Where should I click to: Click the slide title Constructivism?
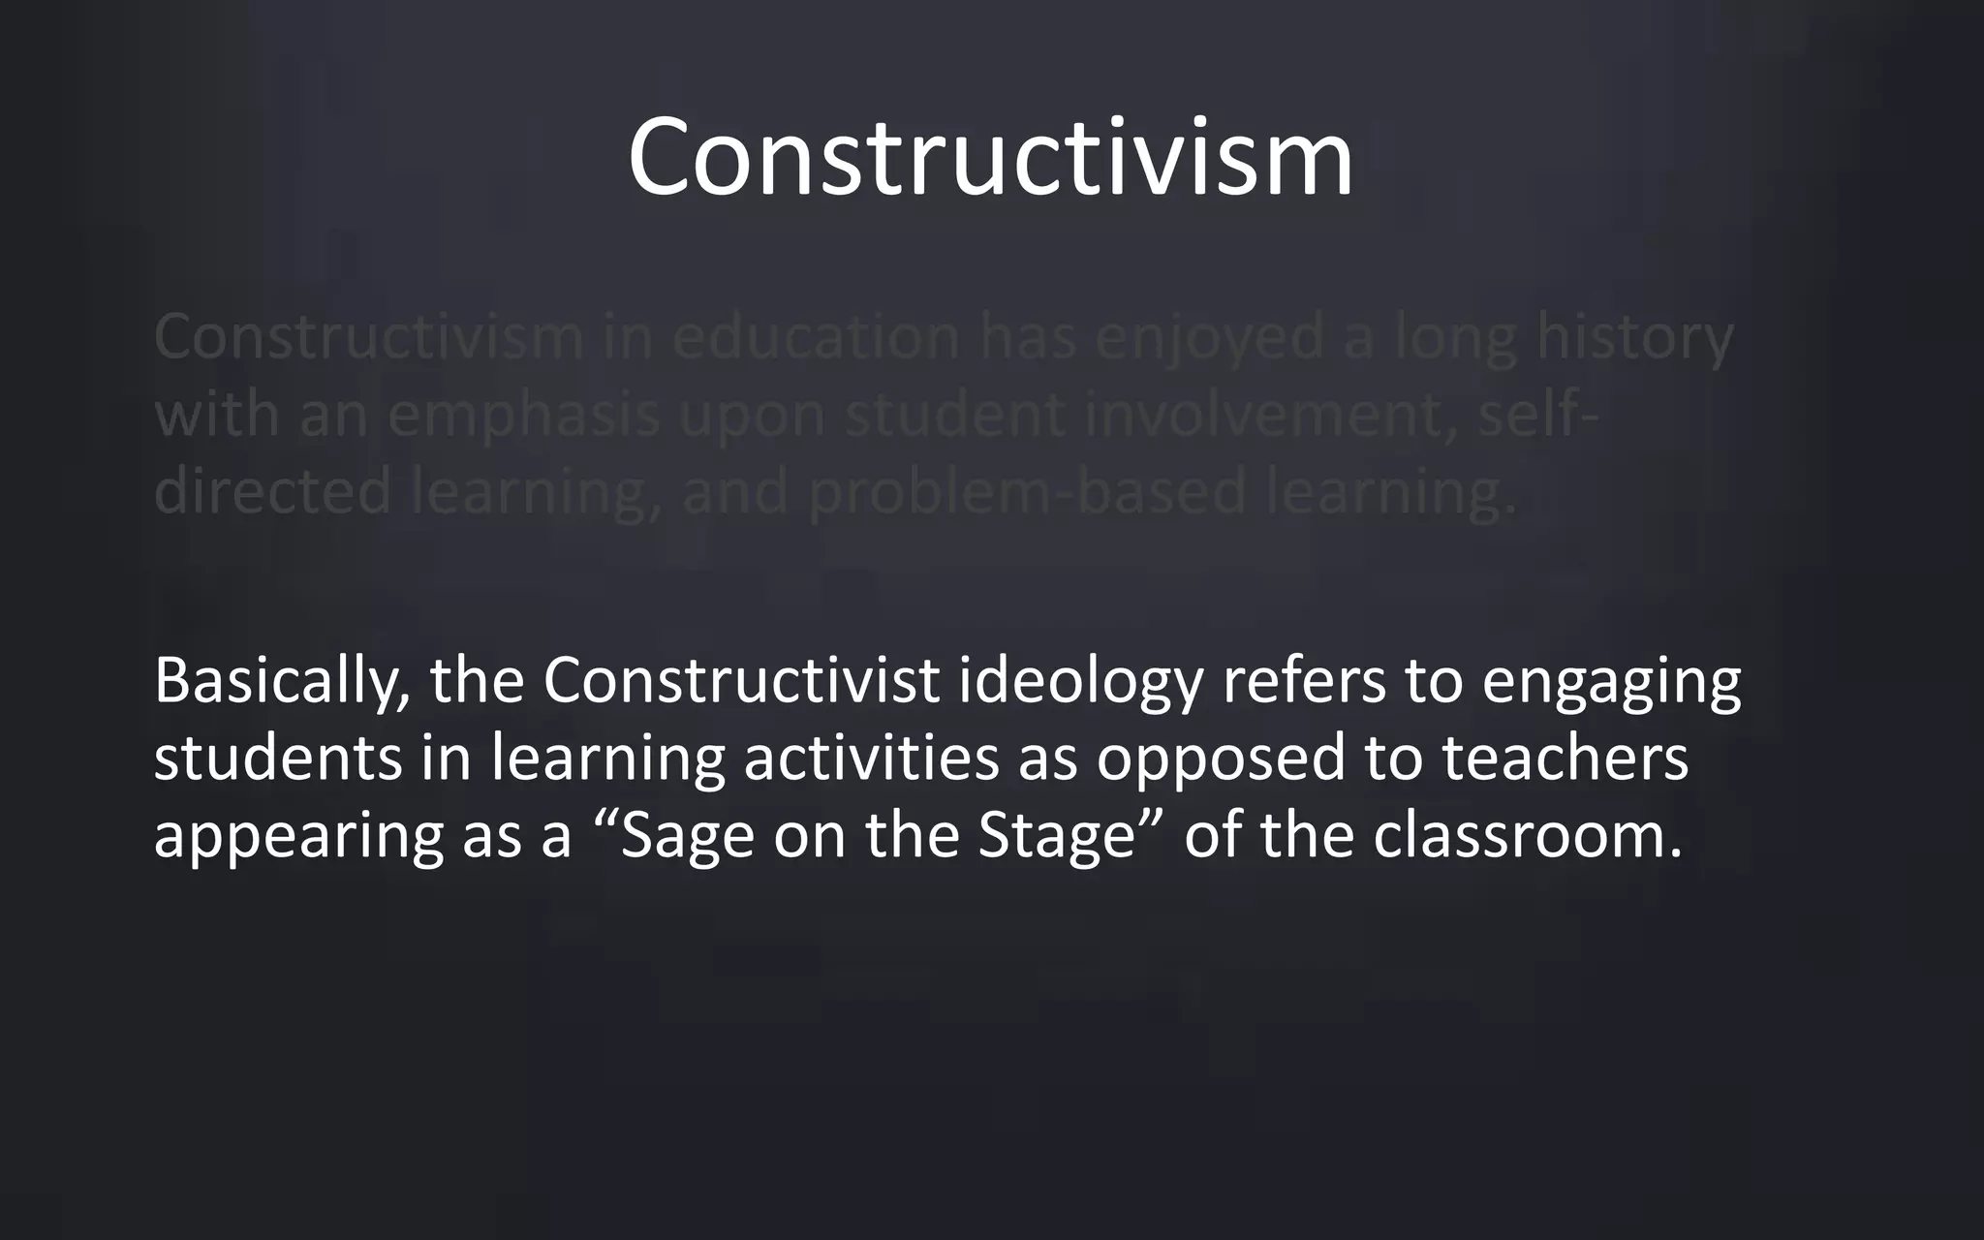pyautogui.click(x=990, y=157)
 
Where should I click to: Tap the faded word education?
pyautogui.click(x=816, y=337)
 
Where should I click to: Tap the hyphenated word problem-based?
pyautogui.click(x=1027, y=492)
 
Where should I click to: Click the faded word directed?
pyautogui.click(x=272, y=490)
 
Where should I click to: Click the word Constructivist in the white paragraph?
pyautogui.click(x=741, y=680)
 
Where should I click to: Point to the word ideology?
pyautogui.click(x=1081, y=682)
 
